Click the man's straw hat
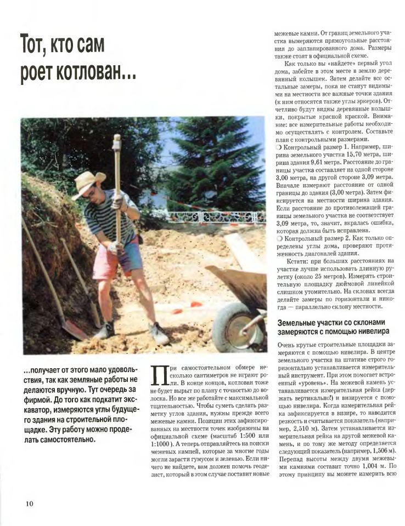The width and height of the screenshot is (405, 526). tap(88, 181)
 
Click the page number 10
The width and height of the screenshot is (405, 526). tap(29, 504)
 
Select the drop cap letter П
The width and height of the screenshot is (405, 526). tap(157, 379)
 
